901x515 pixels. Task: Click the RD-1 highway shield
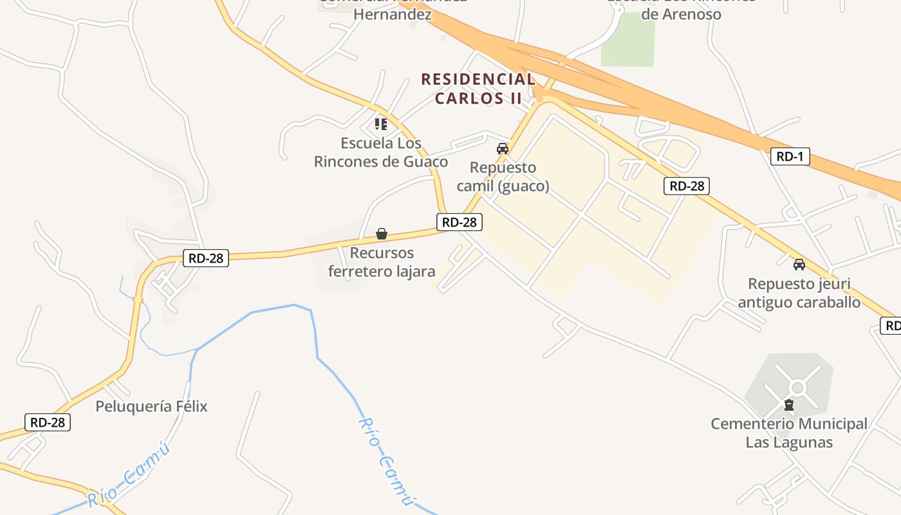(790, 156)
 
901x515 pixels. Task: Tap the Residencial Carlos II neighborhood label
(478, 89)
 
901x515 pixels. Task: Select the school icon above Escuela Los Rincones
(381, 124)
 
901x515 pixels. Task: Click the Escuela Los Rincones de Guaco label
(381, 153)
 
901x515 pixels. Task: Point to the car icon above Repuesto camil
(503, 149)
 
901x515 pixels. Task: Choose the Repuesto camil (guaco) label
(503, 177)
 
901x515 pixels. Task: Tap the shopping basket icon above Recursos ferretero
(382, 233)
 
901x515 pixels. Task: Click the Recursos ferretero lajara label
(382, 262)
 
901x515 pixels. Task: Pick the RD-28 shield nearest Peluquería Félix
(48, 422)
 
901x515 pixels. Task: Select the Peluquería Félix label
(151, 406)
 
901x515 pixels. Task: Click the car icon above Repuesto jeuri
(799, 264)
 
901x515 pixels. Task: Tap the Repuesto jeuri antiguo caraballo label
(799, 293)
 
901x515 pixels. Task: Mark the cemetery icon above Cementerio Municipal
(789, 405)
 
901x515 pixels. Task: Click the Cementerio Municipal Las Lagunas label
(789, 433)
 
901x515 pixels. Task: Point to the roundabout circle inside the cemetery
(798, 388)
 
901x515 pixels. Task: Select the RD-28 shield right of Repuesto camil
(687, 187)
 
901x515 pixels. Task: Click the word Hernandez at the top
(393, 14)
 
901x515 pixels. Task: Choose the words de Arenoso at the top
(682, 14)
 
